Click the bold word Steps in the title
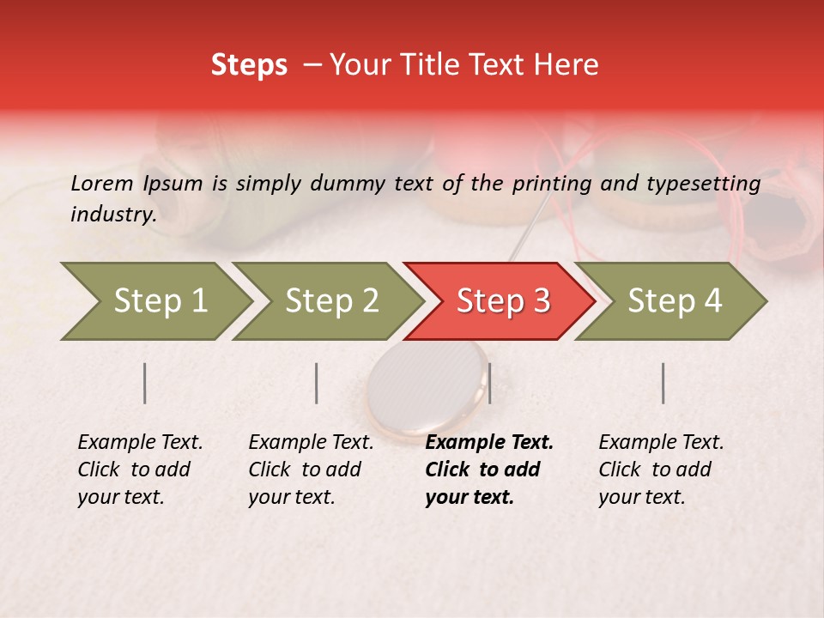click(x=249, y=65)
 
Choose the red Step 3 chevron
click(x=502, y=300)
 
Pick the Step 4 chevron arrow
click(x=674, y=300)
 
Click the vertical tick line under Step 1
click(x=145, y=383)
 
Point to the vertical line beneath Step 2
click(x=317, y=383)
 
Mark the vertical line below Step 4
click(x=663, y=383)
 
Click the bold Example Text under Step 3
click(x=489, y=443)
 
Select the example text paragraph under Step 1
click(x=140, y=470)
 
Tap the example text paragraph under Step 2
click(x=311, y=470)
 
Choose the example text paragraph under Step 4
click(x=661, y=470)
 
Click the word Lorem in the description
click(x=102, y=183)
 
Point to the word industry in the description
click(x=112, y=215)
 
